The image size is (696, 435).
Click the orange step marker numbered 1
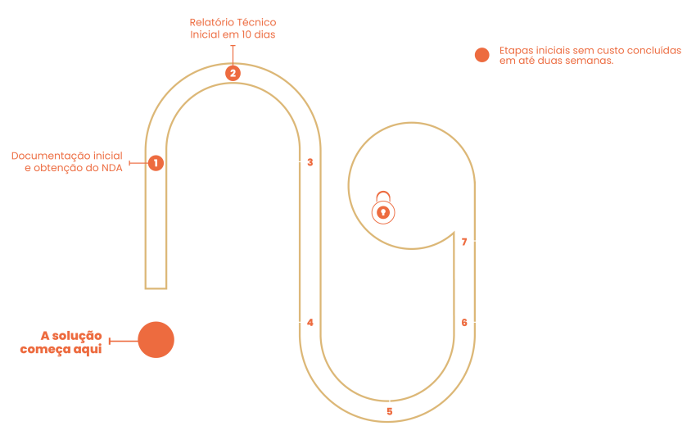click(x=156, y=163)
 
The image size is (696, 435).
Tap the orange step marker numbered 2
click(x=233, y=73)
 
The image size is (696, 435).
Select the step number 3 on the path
click(x=310, y=162)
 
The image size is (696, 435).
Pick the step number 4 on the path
click(x=310, y=323)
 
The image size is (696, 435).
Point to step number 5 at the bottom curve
click(x=390, y=411)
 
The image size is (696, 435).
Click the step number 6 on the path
click(x=463, y=323)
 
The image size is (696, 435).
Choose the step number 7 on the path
click(x=463, y=242)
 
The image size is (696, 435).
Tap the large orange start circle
click(x=156, y=339)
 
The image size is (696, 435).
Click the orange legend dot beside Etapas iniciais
click(x=482, y=55)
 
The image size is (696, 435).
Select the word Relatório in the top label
click(x=210, y=23)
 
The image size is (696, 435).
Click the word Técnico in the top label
click(x=257, y=23)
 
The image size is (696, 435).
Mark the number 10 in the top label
click(x=246, y=35)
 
